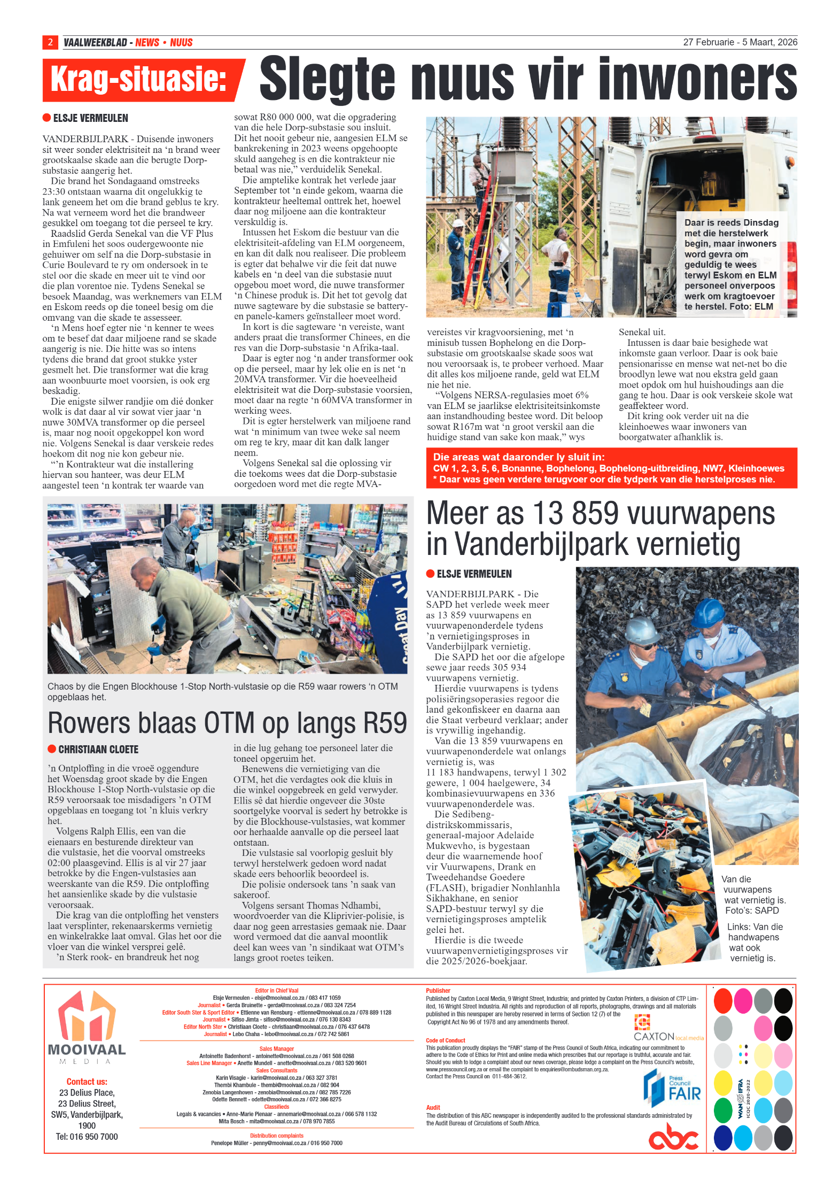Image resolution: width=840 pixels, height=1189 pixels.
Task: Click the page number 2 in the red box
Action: (x=50, y=42)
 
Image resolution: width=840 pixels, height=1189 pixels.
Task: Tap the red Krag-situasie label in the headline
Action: (x=138, y=80)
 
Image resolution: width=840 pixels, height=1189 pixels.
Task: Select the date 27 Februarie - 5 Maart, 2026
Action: (x=740, y=42)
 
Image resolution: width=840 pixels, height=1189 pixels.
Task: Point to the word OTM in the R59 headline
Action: (x=229, y=723)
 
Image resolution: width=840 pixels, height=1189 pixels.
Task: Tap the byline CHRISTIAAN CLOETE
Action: (x=98, y=750)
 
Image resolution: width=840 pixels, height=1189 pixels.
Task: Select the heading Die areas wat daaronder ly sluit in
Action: (x=518, y=457)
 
